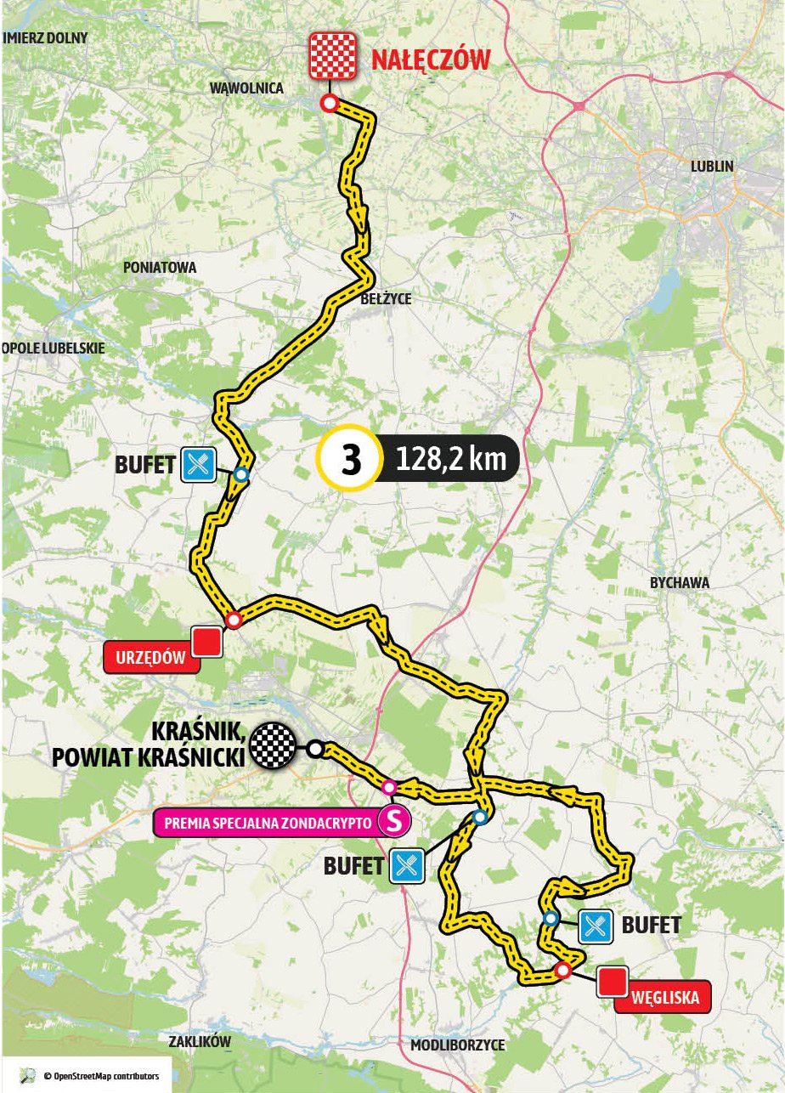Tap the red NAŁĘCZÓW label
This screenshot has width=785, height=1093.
point(431,60)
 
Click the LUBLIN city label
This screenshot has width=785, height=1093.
point(712,167)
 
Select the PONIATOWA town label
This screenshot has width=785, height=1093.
point(160,267)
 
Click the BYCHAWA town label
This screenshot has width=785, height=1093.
point(679,583)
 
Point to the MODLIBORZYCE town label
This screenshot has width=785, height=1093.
point(457,1045)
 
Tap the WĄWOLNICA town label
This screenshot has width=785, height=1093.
point(246,88)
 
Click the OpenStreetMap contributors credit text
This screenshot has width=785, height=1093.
point(95,1075)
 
